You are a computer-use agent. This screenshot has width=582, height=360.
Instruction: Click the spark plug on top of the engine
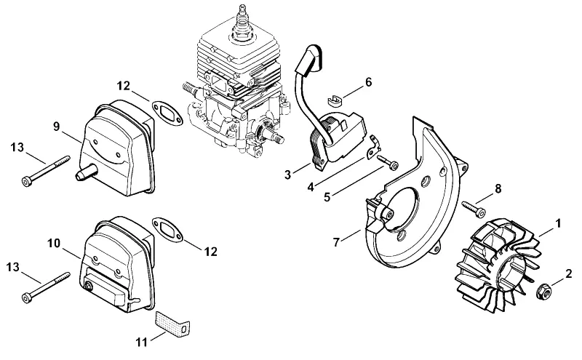coord(242,23)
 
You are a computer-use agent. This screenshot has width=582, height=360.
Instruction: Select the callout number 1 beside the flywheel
coord(557,223)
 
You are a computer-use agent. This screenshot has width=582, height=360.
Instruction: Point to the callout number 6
coord(368,82)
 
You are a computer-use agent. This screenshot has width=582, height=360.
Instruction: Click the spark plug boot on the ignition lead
coord(308,60)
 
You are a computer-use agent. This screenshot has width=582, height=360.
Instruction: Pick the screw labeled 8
coord(474,209)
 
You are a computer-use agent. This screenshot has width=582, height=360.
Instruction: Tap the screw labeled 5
coord(388,162)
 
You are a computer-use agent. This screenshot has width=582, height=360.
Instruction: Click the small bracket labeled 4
coord(373,148)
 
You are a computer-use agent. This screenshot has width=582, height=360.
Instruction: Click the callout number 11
coord(141,342)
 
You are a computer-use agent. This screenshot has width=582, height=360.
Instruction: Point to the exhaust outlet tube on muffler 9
coord(87,172)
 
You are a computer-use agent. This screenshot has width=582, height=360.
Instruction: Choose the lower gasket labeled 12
coord(168,231)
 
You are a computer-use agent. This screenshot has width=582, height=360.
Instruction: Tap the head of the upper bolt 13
coord(27,182)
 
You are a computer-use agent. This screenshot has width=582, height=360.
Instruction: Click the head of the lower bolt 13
coord(27,298)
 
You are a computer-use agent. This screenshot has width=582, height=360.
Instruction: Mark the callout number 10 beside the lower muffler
coord(54,244)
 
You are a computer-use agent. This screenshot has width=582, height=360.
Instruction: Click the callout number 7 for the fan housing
coord(336,242)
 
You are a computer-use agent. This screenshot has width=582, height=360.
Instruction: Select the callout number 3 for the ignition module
coord(287,175)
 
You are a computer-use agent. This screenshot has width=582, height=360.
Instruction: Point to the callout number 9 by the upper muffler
coord(56,127)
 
